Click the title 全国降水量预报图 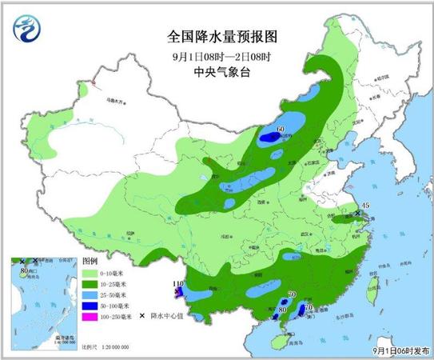coord(217,37)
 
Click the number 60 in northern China coord(280,129)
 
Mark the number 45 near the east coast coord(365,207)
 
